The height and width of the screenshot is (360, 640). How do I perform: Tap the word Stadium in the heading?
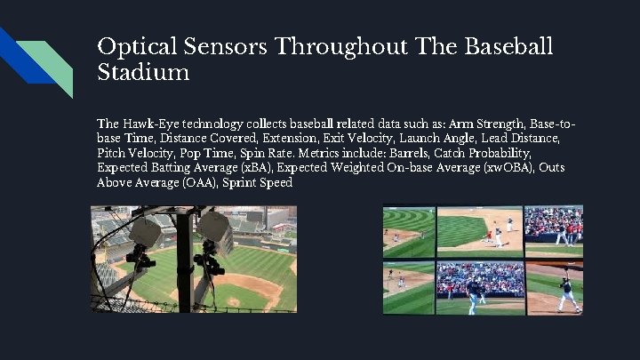click(143, 73)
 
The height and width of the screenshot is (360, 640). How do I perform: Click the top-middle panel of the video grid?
click(481, 230)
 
